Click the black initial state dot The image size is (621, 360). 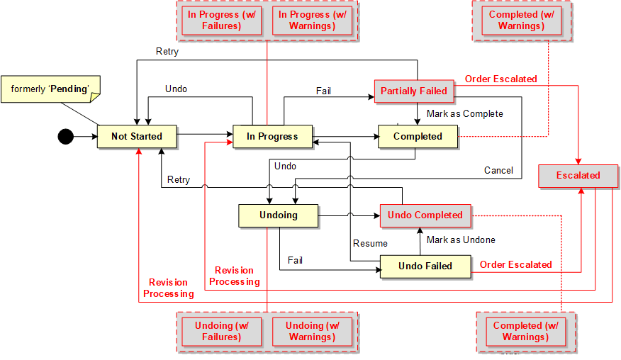65,136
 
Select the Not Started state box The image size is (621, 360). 137,136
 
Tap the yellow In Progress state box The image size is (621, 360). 272,136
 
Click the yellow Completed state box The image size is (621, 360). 418,136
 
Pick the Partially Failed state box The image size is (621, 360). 414,91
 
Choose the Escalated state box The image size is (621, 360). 578,175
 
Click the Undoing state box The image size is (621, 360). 278,215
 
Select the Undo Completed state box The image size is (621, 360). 425,215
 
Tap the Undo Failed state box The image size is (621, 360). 425,266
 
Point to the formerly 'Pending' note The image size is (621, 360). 50,89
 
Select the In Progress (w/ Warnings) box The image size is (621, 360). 312,21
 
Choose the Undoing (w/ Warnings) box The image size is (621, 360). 312,331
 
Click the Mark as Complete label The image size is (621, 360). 464,113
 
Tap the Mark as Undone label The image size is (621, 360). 461,240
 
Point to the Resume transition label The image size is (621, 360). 370,243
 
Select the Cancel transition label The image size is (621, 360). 498,170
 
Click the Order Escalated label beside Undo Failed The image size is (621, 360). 515,264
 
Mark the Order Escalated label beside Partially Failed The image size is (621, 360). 500,79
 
